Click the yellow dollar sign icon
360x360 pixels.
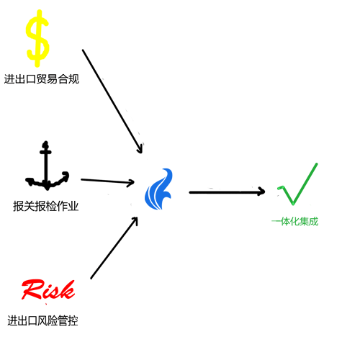coord(37,38)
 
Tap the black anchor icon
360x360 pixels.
coord(46,168)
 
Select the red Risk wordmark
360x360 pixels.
coord(48,290)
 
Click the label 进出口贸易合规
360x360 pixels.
coord(42,79)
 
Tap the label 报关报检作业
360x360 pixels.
coord(45,206)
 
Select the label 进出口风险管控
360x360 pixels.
coord(42,320)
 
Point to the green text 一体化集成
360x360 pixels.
coord(295,221)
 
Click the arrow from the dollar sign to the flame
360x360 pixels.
coord(112,102)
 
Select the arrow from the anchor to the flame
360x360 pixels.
coord(107,181)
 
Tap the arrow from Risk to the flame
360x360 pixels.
coord(114,248)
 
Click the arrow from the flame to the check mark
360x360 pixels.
coord(227,192)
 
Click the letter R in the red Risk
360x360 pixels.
coord(31,289)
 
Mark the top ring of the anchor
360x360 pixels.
coord(45,145)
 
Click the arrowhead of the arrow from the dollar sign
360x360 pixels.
coord(140,149)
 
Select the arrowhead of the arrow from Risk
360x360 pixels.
coord(135,220)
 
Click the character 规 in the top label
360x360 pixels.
coord(74,79)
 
